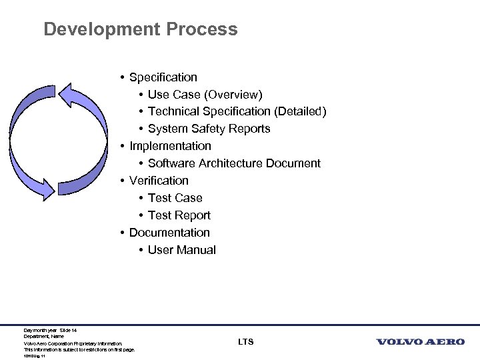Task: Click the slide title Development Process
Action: pyautogui.click(x=140, y=29)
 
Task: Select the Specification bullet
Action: pyautogui.click(x=163, y=77)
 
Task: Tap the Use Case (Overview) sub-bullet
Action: pyautogui.click(x=205, y=95)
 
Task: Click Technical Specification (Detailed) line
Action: pyautogui.click(x=237, y=112)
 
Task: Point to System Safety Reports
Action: pyautogui.click(x=209, y=129)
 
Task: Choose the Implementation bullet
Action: pyautogui.click(x=170, y=146)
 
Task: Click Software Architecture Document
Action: pyautogui.click(x=234, y=163)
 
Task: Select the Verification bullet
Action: pyautogui.click(x=159, y=181)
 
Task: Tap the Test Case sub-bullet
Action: pyautogui.click(x=175, y=198)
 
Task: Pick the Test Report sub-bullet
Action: pyautogui.click(x=179, y=215)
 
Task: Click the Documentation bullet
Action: pyautogui.click(x=169, y=233)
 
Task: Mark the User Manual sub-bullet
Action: pyautogui.click(x=181, y=250)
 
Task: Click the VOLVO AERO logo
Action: pyautogui.click(x=421, y=342)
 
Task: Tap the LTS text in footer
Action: pyautogui.click(x=245, y=342)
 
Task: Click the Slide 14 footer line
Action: pyautogui.click(x=51, y=330)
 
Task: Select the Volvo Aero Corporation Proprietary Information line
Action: pyautogui.click(x=73, y=343)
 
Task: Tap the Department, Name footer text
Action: pyautogui.click(x=44, y=337)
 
